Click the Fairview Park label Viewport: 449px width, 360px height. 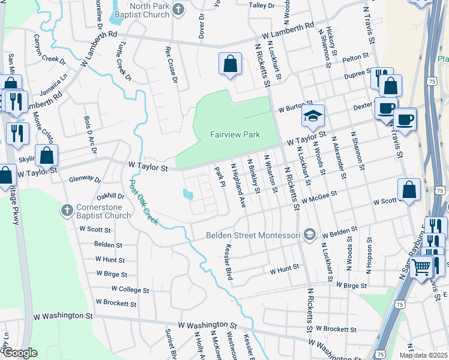coord(235,134)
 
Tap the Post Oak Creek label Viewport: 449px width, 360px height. coord(144,202)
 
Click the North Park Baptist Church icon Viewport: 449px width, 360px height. coord(178,10)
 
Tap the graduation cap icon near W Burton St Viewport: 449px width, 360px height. coord(313,116)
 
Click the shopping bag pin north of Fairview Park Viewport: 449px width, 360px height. coord(230,64)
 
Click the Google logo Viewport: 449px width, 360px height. coord(20,352)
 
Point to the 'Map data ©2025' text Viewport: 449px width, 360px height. coord(423,355)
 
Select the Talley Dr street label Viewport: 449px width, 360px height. coord(261,5)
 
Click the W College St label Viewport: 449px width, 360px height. coord(130,289)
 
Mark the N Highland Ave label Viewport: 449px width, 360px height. coord(238,185)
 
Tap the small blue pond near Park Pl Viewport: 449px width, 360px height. coord(188,195)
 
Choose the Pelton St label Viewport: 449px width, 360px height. coord(355,57)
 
